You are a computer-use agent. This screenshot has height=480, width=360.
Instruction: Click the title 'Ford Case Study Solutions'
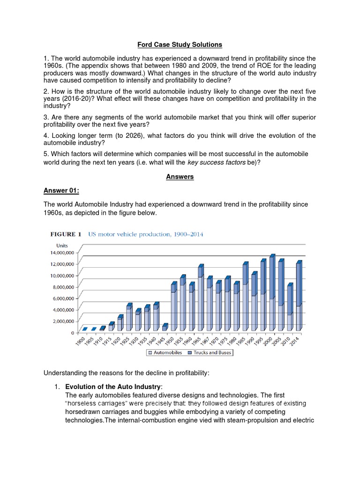pos(180,45)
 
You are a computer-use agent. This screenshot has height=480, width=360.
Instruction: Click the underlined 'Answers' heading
pos(180,177)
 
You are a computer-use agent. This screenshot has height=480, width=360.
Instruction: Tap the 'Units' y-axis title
pos(62,245)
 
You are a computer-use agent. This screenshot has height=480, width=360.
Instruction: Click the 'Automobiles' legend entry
pos(168,352)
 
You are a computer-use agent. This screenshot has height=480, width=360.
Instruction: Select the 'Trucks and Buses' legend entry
pos(212,352)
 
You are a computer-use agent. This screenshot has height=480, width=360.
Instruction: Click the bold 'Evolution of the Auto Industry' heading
pos(113,387)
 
